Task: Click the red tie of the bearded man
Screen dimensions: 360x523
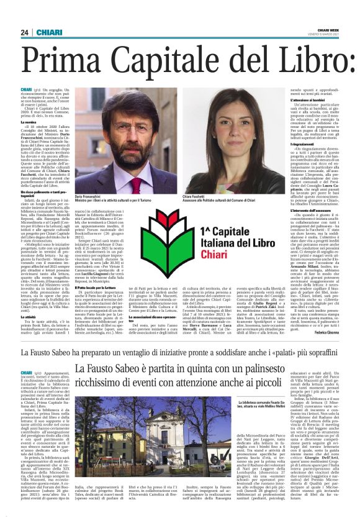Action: pyautogui.click(x=136, y=184)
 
